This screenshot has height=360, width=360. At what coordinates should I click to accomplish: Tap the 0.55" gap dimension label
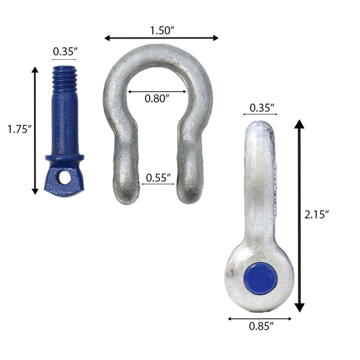(x=159, y=177)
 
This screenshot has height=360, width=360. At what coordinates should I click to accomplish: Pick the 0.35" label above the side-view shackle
(x=261, y=108)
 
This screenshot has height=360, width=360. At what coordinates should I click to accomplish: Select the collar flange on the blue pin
(x=64, y=157)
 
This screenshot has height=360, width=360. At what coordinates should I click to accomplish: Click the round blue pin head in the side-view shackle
(x=261, y=278)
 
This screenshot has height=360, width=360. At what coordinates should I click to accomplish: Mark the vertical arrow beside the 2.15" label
(x=299, y=216)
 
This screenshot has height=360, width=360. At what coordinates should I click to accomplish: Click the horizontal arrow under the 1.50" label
(x=161, y=38)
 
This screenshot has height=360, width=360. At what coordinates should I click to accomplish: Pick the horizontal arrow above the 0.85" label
(x=260, y=318)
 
